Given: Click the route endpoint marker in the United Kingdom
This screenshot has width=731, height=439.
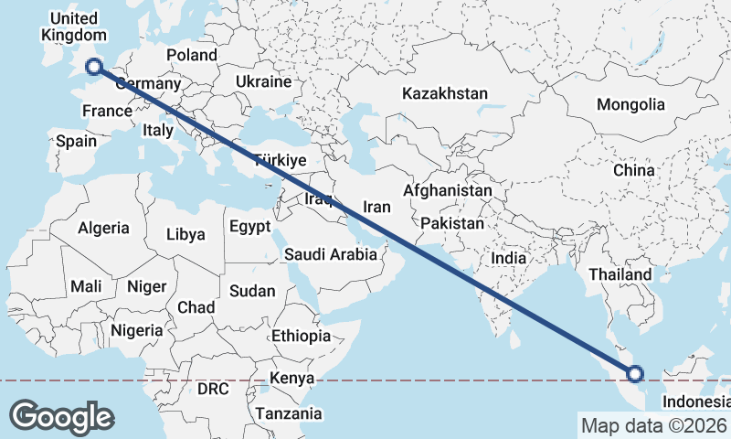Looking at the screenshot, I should (x=93, y=66).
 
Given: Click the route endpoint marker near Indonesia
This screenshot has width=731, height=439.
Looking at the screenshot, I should (x=635, y=373).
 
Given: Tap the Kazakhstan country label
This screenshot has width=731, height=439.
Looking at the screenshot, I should (x=445, y=93).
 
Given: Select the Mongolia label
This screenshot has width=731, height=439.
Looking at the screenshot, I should (x=630, y=104).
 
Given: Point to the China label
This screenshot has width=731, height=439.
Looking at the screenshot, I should (x=634, y=170).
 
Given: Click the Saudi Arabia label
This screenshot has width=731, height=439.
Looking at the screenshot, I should (x=331, y=254).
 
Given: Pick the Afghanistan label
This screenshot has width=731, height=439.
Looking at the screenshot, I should (x=448, y=191).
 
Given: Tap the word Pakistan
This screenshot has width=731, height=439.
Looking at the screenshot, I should (x=453, y=223).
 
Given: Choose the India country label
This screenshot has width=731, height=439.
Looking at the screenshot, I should (x=509, y=258).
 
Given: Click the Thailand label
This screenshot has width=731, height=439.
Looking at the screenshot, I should (x=620, y=274).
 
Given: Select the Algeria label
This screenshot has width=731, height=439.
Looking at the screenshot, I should (x=103, y=228).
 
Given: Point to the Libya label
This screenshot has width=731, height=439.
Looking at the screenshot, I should (x=185, y=234).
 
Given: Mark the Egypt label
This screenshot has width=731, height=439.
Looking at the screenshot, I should (x=249, y=226).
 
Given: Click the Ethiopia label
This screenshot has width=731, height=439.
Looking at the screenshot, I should (x=301, y=337).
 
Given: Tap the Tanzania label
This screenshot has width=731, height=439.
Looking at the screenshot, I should (x=289, y=413).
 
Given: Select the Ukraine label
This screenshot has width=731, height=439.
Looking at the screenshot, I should (x=263, y=81).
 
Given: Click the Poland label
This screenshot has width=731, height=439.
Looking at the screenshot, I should (x=191, y=55).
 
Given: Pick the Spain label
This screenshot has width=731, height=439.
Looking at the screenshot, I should (x=75, y=142).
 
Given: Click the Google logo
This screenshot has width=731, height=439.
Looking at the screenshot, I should (x=61, y=416).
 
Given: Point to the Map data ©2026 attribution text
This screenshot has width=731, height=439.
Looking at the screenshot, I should (x=653, y=425).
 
